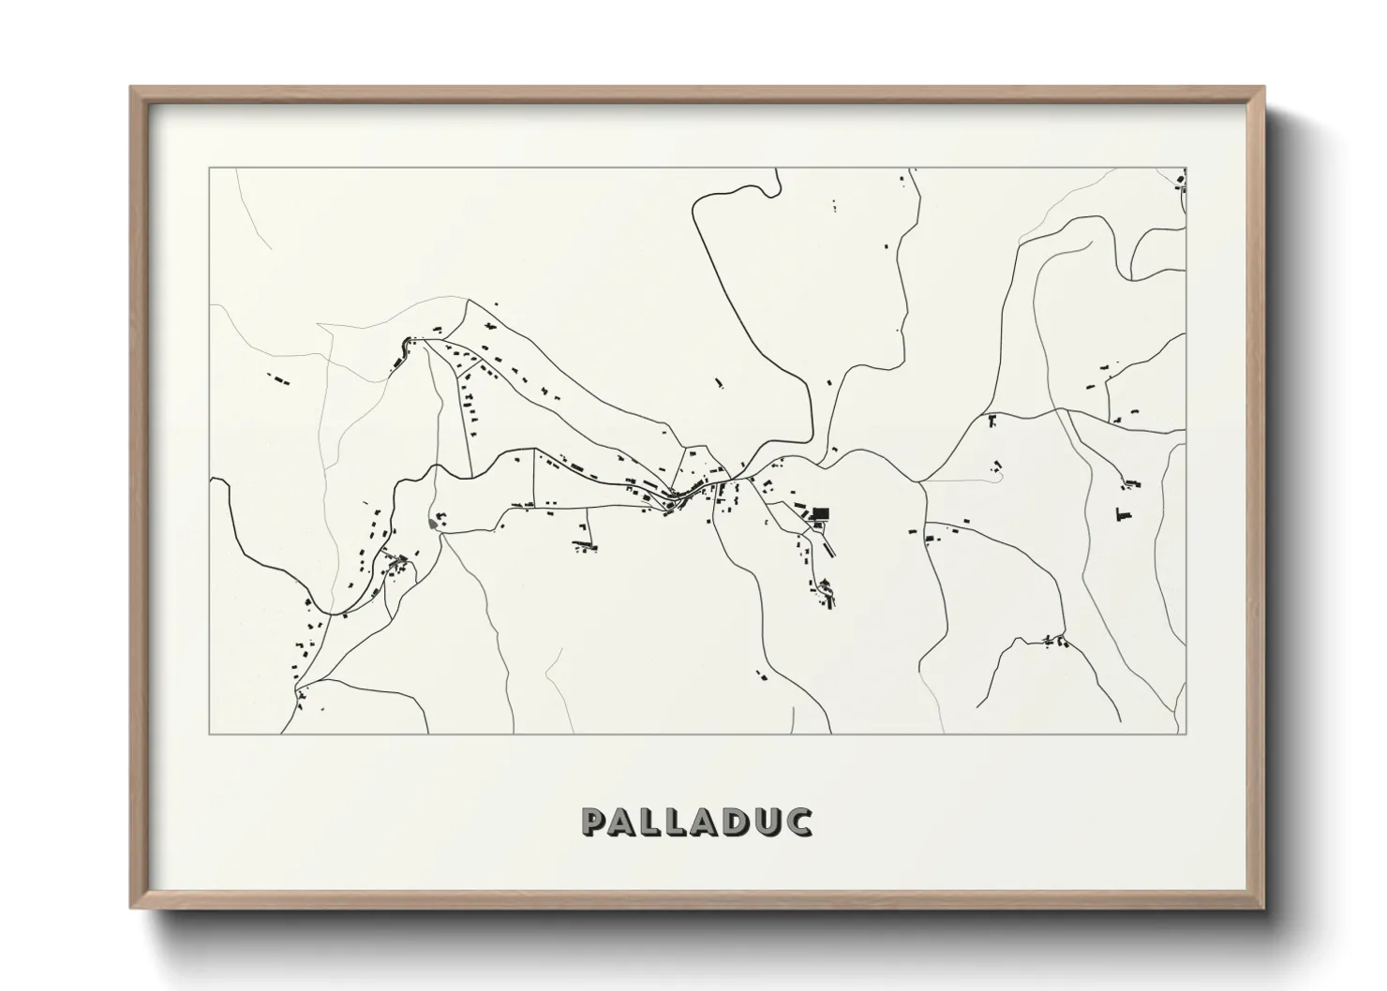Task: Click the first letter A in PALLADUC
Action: (x=624, y=821)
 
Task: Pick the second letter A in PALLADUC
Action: (x=698, y=821)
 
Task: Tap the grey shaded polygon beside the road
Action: (x=432, y=523)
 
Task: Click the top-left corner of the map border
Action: (x=210, y=169)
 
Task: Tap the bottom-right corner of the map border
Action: (x=1186, y=733)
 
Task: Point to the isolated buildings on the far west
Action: (x=278, y=378)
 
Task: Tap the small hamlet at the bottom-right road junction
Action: (x=1054, y=641)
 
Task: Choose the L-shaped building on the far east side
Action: (x=1119, y=514)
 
